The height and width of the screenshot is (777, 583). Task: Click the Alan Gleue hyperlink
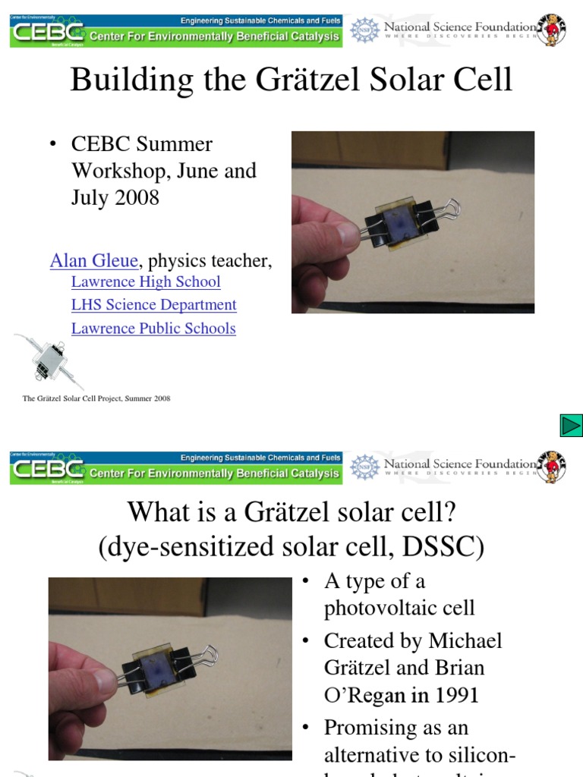[94, 261]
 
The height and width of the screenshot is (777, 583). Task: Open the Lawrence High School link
[146, 282]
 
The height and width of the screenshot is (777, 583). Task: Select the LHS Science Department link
[153, 305]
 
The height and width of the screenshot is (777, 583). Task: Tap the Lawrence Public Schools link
[153, 329]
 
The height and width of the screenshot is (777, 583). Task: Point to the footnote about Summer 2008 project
[96, 398]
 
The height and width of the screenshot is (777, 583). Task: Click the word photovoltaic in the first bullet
[399, 608]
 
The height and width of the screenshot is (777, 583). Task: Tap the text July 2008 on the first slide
[115, 197]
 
